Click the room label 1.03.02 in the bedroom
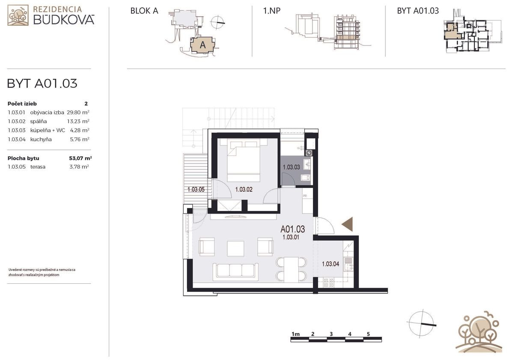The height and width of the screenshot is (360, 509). (244, 189)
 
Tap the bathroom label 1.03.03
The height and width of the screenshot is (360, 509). (291, 167)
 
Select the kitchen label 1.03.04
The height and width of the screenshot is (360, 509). (330, 264)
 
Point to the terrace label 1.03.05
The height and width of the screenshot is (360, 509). (196, 189)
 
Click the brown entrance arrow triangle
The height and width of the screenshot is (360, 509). (348, 224)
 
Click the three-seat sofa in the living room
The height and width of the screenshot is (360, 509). (236, 272)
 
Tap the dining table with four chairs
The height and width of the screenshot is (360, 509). (291, 269)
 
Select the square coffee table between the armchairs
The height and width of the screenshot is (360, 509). (235, 248)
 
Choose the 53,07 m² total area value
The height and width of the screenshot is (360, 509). (80, 158)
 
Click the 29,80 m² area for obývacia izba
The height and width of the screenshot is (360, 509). (78, 112)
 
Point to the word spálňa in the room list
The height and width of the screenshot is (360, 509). (38, 122)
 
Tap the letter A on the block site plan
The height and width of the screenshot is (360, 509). (202, 45)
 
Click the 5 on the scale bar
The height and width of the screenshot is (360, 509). (368, 334)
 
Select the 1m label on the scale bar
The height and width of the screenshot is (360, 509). (295, 334)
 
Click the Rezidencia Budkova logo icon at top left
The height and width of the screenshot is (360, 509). (18, 15)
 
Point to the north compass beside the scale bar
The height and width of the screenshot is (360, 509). (421, 323)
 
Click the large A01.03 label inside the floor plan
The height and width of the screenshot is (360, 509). (292, 229)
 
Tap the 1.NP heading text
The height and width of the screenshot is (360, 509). (272, 11)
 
